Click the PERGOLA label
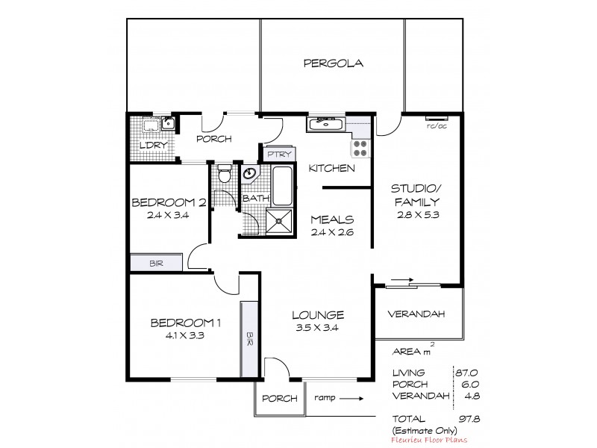pyautogui.click(x=333, y=63)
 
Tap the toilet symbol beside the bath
pyautogui.click(x=224, y=175)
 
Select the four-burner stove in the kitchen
pyautogui.click(x=360, y=147)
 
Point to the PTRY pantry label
pyautogui.click(x=270, y=155)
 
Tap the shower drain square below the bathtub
pyautogui.click(x=281, y=222)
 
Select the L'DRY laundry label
pyautogui.click(x=152, y=146)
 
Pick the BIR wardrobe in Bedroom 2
pyautogui.click(x=156, y=263)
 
